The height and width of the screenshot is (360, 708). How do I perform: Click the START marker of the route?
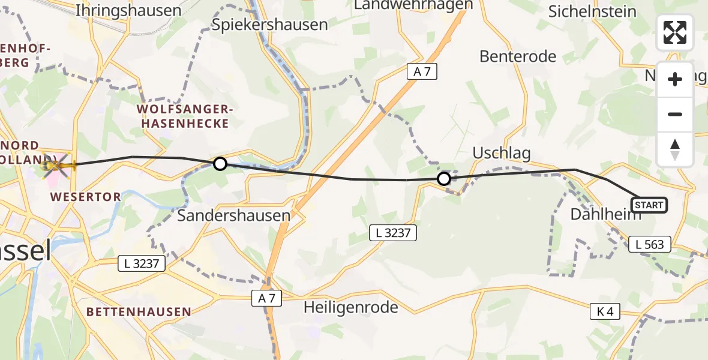[x=649, y=205]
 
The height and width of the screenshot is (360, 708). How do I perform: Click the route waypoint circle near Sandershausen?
[x=220, y=163]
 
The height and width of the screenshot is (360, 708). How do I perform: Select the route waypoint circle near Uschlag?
[x=444, y=178]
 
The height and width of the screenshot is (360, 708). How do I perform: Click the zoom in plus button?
[x=675, y=79]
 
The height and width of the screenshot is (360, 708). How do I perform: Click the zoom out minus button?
[x=675, y=114]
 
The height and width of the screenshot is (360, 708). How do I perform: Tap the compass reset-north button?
[x=675, y=149]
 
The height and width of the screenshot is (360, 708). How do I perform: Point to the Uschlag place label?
[x=502, y=153]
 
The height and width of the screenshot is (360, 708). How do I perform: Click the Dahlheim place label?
[x=605, y=215]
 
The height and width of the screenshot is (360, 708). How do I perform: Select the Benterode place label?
[x=518, y=56]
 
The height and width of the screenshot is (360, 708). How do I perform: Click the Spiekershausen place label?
[x=270, y=25]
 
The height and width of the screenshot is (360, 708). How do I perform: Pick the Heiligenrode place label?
[x=350, y=308]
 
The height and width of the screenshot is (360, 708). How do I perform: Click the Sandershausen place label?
[x=233, y=215]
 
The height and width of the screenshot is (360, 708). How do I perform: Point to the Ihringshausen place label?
[x=129, y=10]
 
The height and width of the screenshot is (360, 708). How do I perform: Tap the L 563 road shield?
[x=650, y=244]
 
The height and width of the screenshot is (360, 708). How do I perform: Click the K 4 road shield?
[x=604, y=311]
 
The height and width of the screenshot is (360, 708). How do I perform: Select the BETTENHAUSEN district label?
[x=139, y=312]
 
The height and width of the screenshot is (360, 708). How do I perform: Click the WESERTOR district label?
[x=85, y=196]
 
